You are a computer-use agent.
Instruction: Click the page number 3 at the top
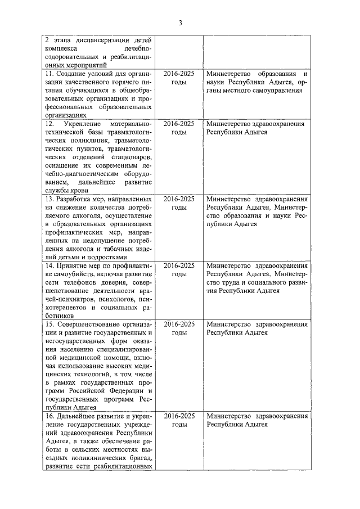point(180,23)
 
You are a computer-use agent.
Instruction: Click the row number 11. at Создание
point(49,74)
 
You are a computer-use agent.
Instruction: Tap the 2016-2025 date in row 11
point(179,74)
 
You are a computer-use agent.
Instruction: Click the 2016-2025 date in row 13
point(179,200)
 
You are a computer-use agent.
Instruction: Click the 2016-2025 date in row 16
point(179,416)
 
